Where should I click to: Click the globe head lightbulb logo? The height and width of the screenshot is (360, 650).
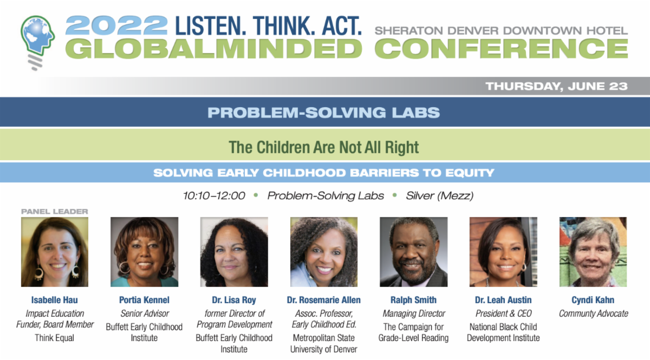click(x=38, y=42)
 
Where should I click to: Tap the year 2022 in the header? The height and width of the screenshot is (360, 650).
click(x=116, y=25)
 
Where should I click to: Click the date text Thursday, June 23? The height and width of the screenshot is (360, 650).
click(x=557, y=87)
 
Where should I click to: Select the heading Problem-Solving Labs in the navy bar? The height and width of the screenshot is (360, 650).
click(x=323, y=113)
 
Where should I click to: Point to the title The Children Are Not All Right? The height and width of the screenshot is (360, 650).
click(x=323, y=147)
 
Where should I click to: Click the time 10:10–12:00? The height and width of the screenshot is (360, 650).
click(x=214, y=196)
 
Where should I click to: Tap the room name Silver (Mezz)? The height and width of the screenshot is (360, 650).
click(x=440, y=196)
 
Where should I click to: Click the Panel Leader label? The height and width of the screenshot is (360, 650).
click(x=55, y=212)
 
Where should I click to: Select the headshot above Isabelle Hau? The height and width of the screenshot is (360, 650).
click(x=55, y=252)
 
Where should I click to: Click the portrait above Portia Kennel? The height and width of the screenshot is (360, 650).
click(x=144, y=252)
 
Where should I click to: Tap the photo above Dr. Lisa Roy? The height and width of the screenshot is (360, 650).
click(x=234, y=252)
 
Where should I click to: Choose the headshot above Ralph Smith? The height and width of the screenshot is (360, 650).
click(x=413, y=252)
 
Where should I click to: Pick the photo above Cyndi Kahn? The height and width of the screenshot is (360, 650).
click(x=593, y=252)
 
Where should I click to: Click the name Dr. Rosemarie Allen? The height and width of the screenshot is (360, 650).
click(x=324, y=300)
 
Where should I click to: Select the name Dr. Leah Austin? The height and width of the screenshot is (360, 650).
click(x=503, y=300)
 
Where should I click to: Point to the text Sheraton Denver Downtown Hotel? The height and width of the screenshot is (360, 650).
click(x=501, y=30)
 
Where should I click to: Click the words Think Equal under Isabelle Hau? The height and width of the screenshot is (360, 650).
click(x=55, y=338)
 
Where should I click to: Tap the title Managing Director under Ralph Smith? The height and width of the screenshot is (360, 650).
click(x=414, y=313)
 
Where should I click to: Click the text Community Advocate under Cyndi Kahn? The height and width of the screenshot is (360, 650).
click(x=594, y=313)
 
